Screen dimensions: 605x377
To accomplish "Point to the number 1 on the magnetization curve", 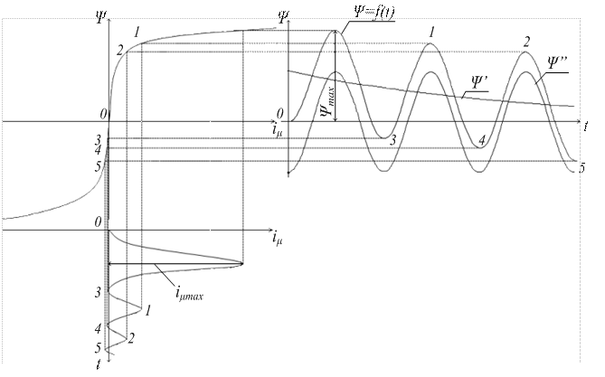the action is tap(137, 33).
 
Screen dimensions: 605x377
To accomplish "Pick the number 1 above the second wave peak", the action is tap(432, 33).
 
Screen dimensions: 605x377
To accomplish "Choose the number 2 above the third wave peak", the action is tap(525, 42).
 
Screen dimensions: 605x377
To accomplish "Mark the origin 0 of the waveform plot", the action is tap(280, 113).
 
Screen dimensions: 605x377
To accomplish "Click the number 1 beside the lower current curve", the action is tap(146, 309).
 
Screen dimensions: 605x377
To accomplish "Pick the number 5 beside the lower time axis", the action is tap(98, 348).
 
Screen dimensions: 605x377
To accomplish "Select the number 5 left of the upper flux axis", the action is tap(98, 165).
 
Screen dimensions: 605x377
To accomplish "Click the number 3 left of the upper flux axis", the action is tap(98, 138).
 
